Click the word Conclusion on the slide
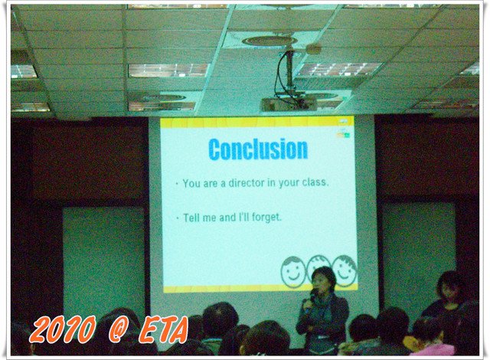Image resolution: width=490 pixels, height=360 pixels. pos(258,149)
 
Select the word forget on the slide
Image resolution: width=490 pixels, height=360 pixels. pos(266,218)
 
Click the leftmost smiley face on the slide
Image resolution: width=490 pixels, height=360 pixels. pos(293,272)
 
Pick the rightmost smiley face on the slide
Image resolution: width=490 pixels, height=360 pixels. pos(345,270)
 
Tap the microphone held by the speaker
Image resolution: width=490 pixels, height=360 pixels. pos(312,299)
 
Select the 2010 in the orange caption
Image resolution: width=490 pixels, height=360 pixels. pos(63,329)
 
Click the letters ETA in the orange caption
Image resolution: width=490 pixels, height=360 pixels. pos(163,329)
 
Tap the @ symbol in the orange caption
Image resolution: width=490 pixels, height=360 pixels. pos(119,329)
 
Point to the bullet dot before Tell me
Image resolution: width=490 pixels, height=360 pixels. pos(178,218)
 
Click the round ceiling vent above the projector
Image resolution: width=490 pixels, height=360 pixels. pos(269,41)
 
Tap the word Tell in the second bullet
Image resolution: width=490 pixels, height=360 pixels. pos(191,218)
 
